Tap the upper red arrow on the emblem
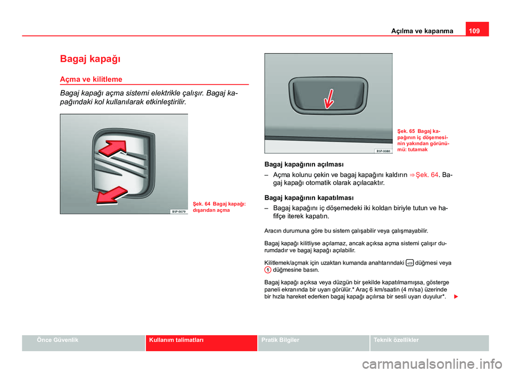(116, 147)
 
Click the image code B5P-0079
(178, 211)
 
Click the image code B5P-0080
(383, 151)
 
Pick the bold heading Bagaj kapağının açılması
(304, 163)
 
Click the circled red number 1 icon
(268, 270)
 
